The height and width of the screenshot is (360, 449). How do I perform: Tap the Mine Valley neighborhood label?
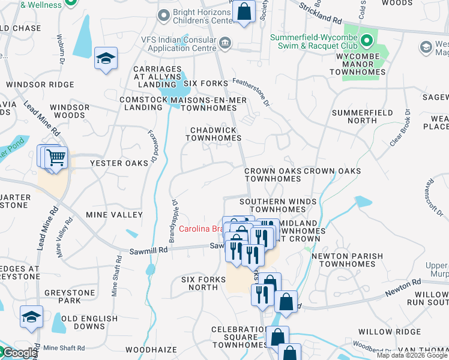click(x=114, y=215)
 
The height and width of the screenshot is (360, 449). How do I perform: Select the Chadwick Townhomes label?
click(x=213, y=134)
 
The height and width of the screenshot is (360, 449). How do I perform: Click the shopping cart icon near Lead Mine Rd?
click(x=56, y=158)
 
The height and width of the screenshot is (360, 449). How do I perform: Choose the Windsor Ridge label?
click(x=40, y=85)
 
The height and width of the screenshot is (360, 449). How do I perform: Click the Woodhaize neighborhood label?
click(x=151, y=349)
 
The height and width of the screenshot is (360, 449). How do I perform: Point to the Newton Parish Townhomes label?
click(x=347, y=260)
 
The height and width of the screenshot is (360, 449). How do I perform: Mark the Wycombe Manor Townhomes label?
click(x=357, y=67)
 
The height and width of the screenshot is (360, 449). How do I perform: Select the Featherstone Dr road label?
click(x=253, y=94)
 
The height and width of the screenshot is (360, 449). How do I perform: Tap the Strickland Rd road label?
click(x=318, y=8)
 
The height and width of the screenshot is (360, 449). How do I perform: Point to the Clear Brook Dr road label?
click(x=399, y=128)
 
